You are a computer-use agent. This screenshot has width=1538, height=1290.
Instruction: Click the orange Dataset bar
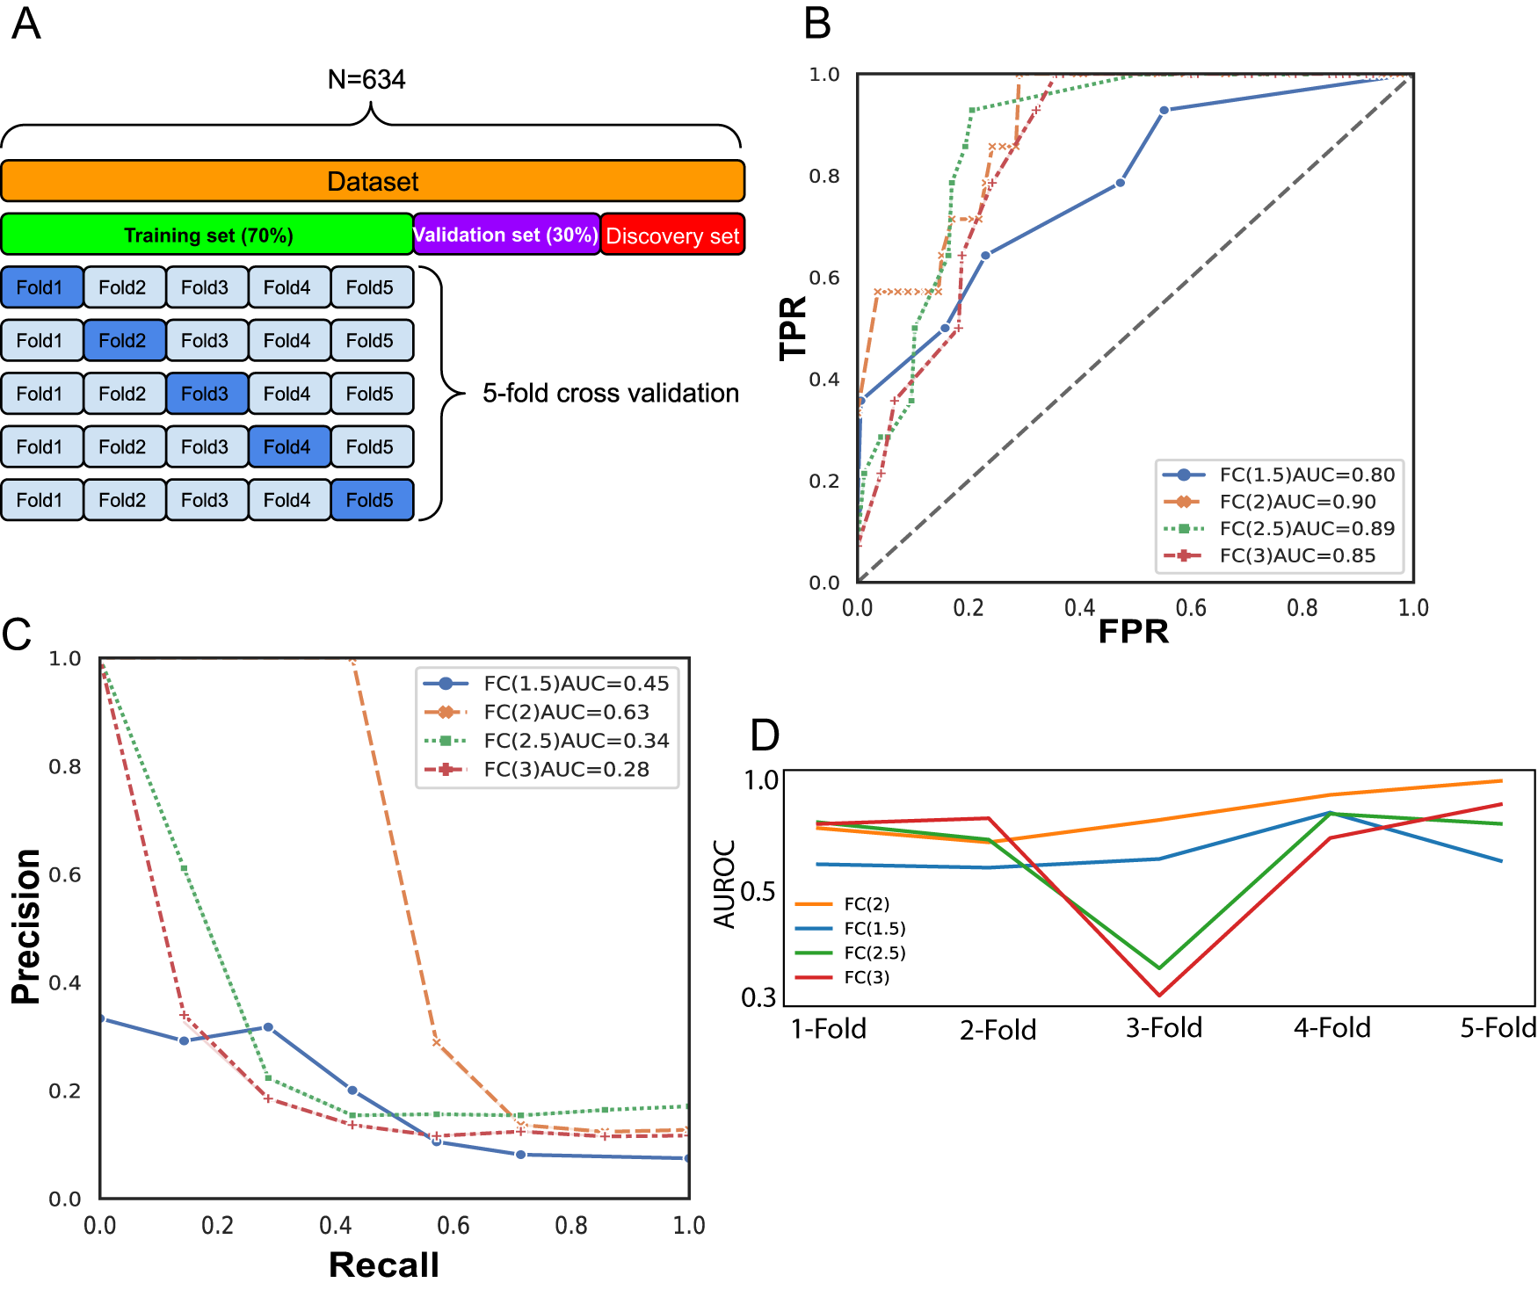pyautogui.click(x=373, y=181)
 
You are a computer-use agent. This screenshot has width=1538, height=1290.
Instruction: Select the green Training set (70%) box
pyautogui.click(x=207, y=235)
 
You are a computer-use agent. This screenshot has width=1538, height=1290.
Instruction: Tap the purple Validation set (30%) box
pyautogui.click(x=506, y=235)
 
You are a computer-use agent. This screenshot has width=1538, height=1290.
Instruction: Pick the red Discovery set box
pyautogui.click(x=672, y=236)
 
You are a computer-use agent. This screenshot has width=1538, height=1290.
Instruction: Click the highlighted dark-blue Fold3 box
pyautogui.click(x=205, y=394)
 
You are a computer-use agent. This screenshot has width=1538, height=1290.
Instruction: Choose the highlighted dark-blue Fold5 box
pyautogui.click(x=370, y=500)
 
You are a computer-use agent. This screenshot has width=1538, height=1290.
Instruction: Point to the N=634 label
pyautogui.click(x=366, y=80)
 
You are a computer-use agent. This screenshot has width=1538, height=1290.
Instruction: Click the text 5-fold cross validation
pyautogui.click(x=611, y=393)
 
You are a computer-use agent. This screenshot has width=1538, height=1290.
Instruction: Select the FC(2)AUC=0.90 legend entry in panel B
pyautogui.click(x=1297, y=502)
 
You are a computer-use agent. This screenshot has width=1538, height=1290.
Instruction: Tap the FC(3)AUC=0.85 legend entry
pyautogui.click(x=1297, y=555)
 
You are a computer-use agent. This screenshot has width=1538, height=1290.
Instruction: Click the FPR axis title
pyautogui.click(x=1133, y=632)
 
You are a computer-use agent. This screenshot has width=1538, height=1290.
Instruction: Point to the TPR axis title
pyautogui.click(x=793, y=328)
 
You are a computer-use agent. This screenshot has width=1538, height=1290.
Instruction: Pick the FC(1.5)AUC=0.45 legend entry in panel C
pyautogui.click(x=576, y=684)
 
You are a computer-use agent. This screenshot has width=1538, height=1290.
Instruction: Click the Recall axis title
pyautogui.click(x=384, y=1265)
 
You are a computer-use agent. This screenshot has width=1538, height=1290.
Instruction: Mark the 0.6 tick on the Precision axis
pyautogui.click(x=64, y=874)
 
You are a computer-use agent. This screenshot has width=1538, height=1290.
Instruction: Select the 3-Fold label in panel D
pyautogui.click(x=1164, y=1028)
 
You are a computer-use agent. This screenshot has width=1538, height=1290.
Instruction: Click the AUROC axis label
pyautogui.click(x=724, y=883)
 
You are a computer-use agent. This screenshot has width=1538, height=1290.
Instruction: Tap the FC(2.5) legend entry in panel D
pyautogui.click(x=874, y=953)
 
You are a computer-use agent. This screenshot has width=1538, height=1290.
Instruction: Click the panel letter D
pyautogui.click(x=765, y=735)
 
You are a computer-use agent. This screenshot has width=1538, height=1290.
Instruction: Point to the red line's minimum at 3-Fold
pyautogui.click(x=1160, y=996)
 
